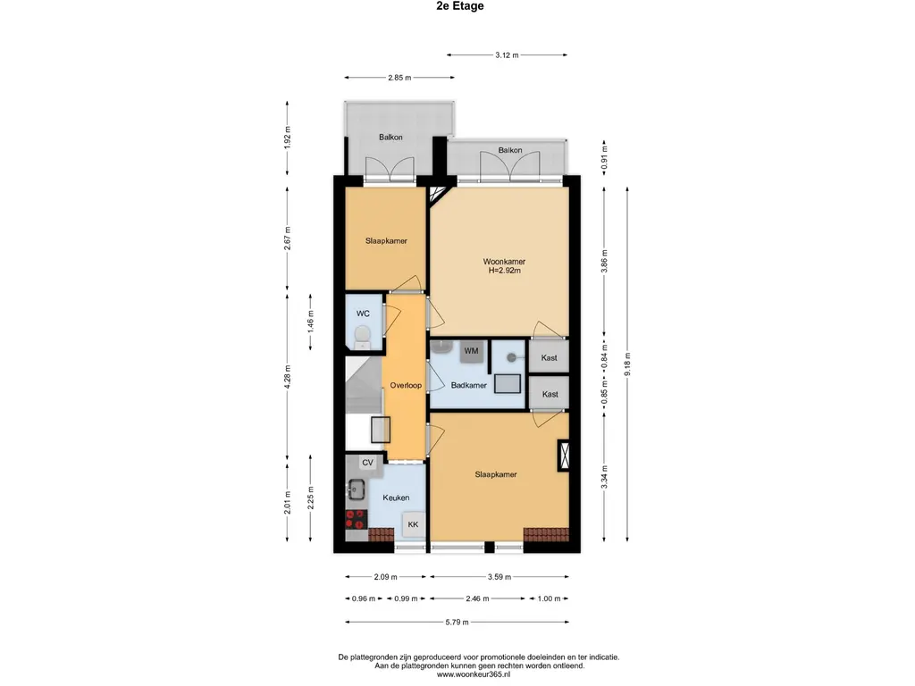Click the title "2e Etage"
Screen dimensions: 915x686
pyautogui.click(x=460, y=6)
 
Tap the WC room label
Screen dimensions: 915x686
pyautogui.click(x=363, y=314)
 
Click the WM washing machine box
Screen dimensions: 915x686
pyautogui.click(x=472, y=351)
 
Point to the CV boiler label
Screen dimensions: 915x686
pyautogui.click(x=367, y=463)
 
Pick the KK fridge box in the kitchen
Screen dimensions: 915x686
pyautogui.click(x=413, y=524)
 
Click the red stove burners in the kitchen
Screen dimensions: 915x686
pyautogui.click(x=356, y=519)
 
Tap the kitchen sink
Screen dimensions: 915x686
pyautogui.click(x=356, y=489)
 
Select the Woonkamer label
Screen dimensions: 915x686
pyautogui.click(x=504, y=262)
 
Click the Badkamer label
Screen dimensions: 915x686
pyautogui.click(x=468, y=385)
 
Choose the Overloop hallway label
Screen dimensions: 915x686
pyautogui.click(x=406, y=385)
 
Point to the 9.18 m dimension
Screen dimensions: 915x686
pyautogui.click(x=627, y=364)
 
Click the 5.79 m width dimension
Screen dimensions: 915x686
pyautogui.click(x=457, y=622)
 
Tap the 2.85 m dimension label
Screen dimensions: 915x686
pyautogui.click(x=399, y=77)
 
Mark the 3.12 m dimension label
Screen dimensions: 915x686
pyautogui.click(x=508, y=54)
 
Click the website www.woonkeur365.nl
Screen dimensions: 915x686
pyautogui.click(x=474, y=674)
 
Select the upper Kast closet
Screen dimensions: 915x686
pyautogui.click(x=549, y=357)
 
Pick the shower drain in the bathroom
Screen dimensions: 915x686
pyautogui.click(x=511, y=357)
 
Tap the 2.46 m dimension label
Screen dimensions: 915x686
pyautogui.click(x=477, y=598)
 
